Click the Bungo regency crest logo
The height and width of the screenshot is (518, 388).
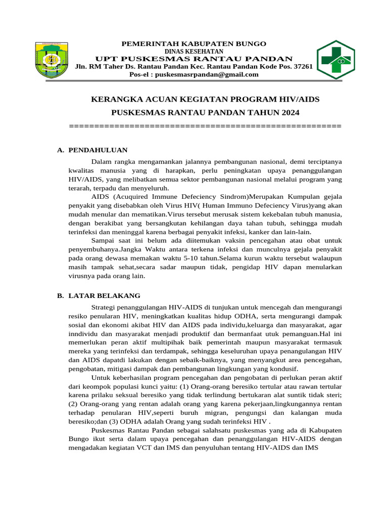pyautogui.click(x=52, y=60)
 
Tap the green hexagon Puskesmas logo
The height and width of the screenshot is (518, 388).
pyautogui.click(x=335, y=60)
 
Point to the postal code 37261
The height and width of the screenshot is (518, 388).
pyautogui.click(x=303, y=66)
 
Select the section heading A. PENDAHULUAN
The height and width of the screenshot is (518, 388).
pyautogui.click(x=92, y=150)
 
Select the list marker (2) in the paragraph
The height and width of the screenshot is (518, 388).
pyautogui.click(x=74, y=404)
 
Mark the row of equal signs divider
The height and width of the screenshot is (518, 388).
pyautogui.click(x=205, y=125)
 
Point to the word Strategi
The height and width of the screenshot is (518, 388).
pyautogui.click(x=105, y=307)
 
